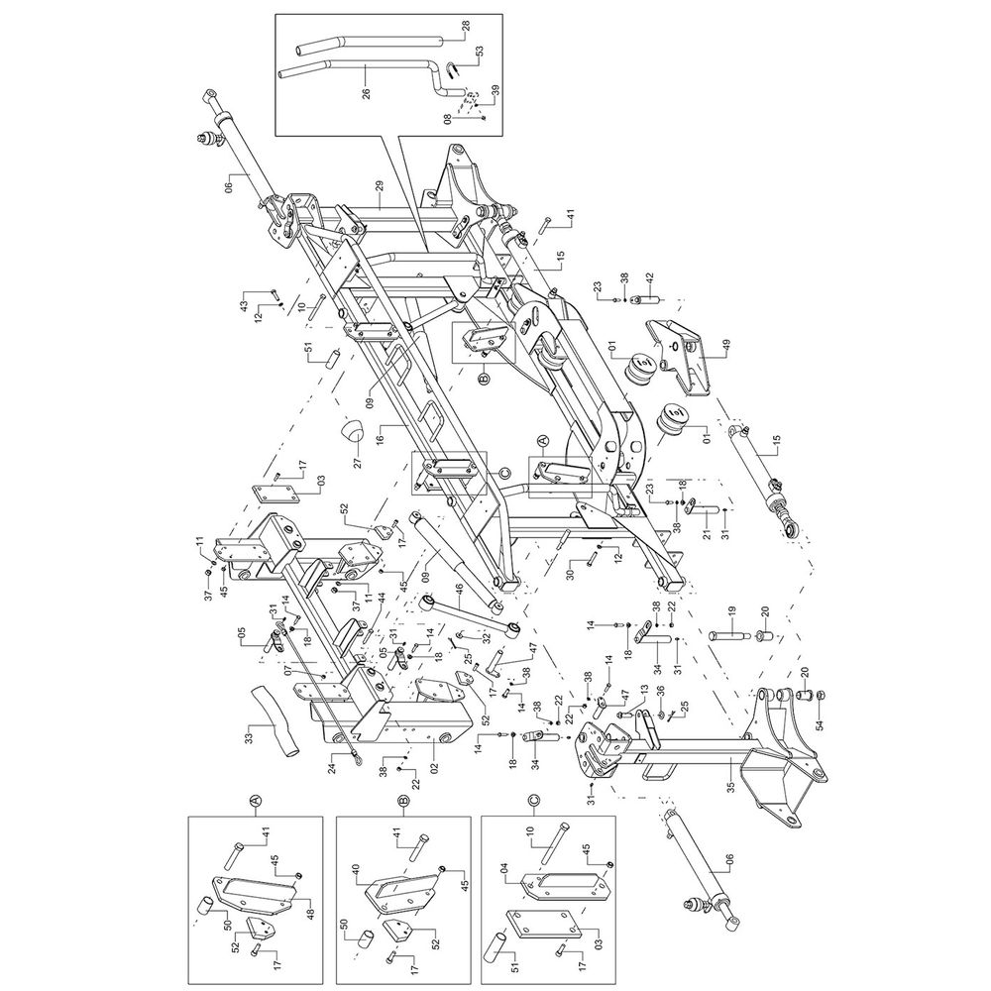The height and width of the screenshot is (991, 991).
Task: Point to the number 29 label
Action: (x=379, y=185)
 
